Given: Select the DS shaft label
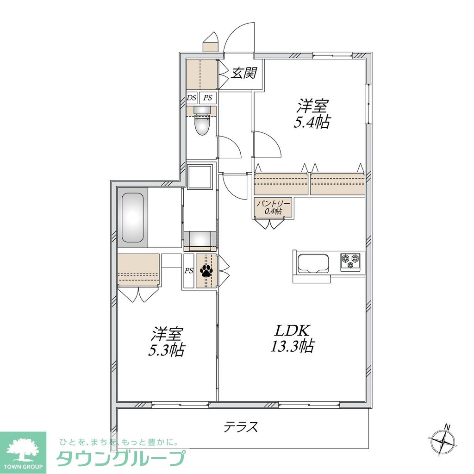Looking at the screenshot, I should click(192, 98).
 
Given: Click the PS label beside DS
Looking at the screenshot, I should click(208, 98).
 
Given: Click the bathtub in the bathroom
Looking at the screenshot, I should click(132, 218).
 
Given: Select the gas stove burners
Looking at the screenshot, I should click(350, 261).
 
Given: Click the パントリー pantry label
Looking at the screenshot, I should click(274, 204).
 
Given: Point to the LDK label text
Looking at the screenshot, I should click(293, 331).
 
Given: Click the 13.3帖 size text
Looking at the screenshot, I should click(293, 346).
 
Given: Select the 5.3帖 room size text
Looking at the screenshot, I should click(167, 350).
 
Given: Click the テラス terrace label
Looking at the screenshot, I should click(241, 427).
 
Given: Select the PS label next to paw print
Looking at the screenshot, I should click(189, 271).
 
